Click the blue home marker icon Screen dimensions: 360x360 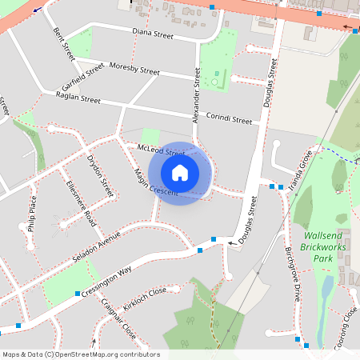179,172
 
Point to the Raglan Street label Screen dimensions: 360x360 78,98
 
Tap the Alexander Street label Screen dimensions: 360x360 196,95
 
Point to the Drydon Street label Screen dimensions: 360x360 101,176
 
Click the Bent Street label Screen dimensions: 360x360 63,43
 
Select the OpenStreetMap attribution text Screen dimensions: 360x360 81,354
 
